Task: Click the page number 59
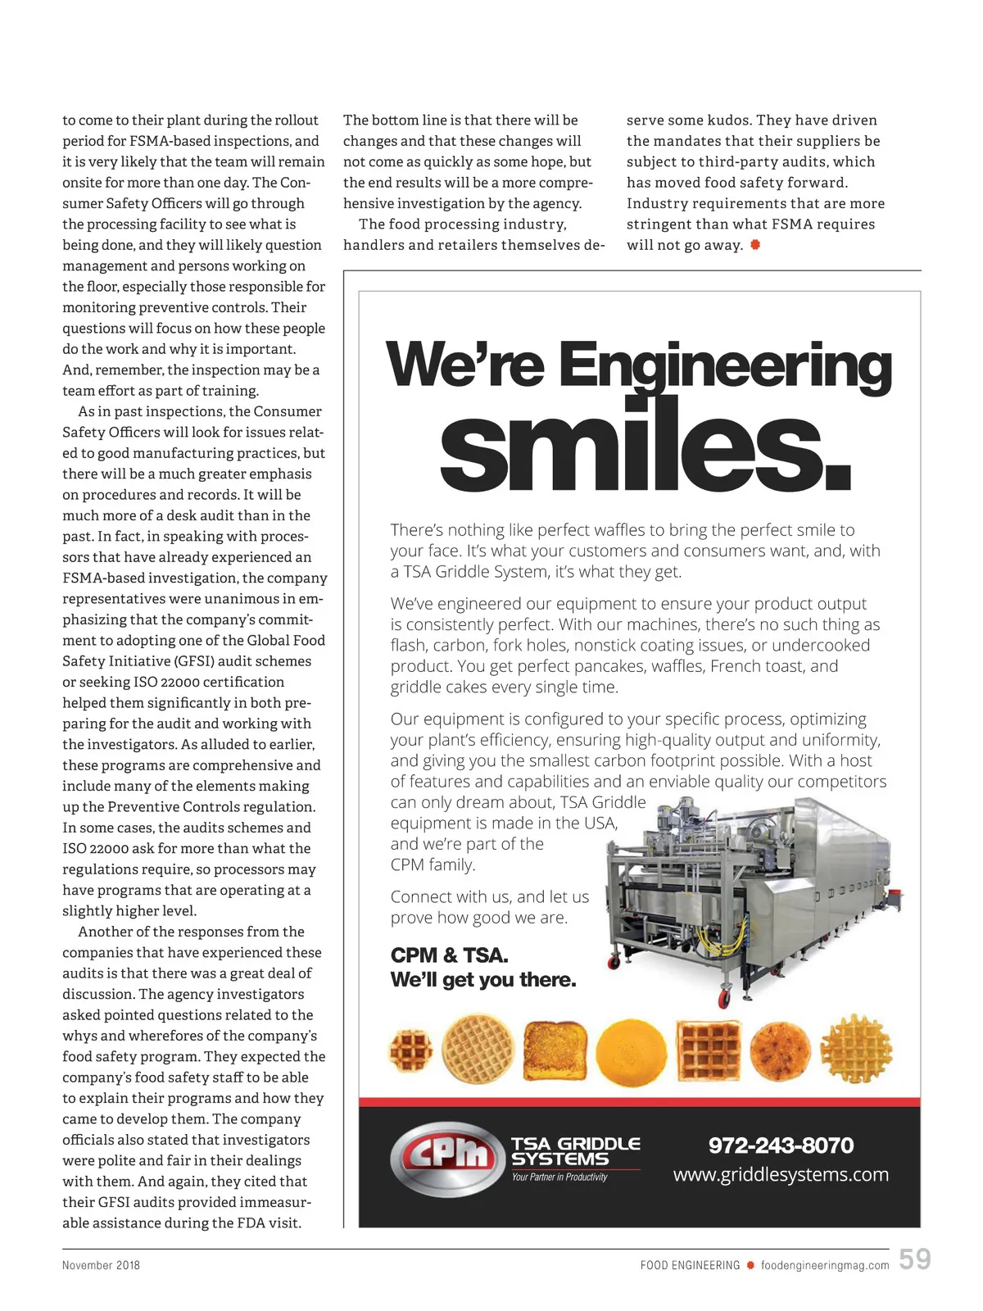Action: (914, 1259)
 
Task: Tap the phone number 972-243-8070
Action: (780, 1145)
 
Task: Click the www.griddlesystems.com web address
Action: (780, 1174)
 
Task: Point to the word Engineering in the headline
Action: (724, 365)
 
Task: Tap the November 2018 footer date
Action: (101, 1265)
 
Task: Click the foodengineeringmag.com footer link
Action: (825, 1265)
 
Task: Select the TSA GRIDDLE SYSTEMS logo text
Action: (575, 1151)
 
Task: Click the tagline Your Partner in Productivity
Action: (559, 1177)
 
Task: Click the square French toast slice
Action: (555, 1050)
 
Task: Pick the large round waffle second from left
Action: (478, 1050)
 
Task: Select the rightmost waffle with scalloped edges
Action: (856, 1049)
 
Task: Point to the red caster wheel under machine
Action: (724, 999)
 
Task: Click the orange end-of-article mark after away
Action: (754, 245)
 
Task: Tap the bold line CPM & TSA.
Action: (449, 955)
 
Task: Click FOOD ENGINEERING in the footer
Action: (690, 1265)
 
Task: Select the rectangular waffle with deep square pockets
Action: (708, 1050)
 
